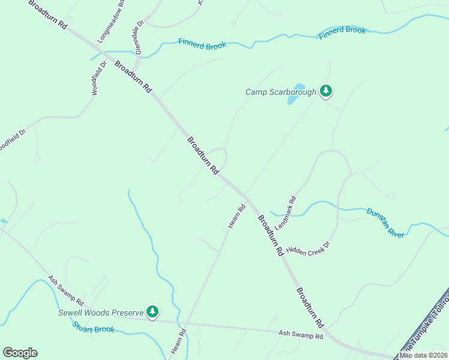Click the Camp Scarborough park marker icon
[x=326, y=91]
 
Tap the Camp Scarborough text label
[x=280, y=92]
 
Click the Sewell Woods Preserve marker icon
[x=153, y=311]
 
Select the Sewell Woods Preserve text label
[x=101, y=313]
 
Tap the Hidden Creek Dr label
[x=309, y=248]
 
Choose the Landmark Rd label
[x=286, y=212]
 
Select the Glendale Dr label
[x=139, y=38]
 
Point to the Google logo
[x=20, y=353]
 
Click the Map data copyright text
[x=424, y=355]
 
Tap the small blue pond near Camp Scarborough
[x=295, y=94]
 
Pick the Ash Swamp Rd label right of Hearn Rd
[x=301, y=334]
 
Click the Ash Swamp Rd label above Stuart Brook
[x=66, y=290]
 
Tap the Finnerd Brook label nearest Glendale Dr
[x=202, y=44]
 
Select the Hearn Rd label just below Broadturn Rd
[x=237, y=217]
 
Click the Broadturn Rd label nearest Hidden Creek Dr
[x=270, y=236]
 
